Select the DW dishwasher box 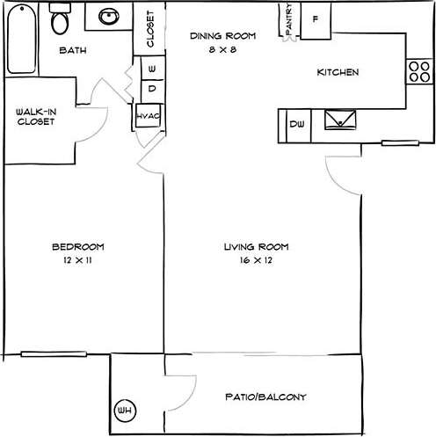pyautogui.click(x=297, y=123)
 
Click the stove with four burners pyautogui.click(x=417, y=71)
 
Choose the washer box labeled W pyautogui.click(x=152, y=68)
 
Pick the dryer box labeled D pyautogui.click(x=152, y=88)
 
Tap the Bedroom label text pyautogui.click(x=78, y=246)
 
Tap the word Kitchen pyautogui.click(x=338, y=72)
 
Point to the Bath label pyautogui.click(x=72, y=50)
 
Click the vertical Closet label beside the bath pyautogui.click(x=150, y=29)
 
